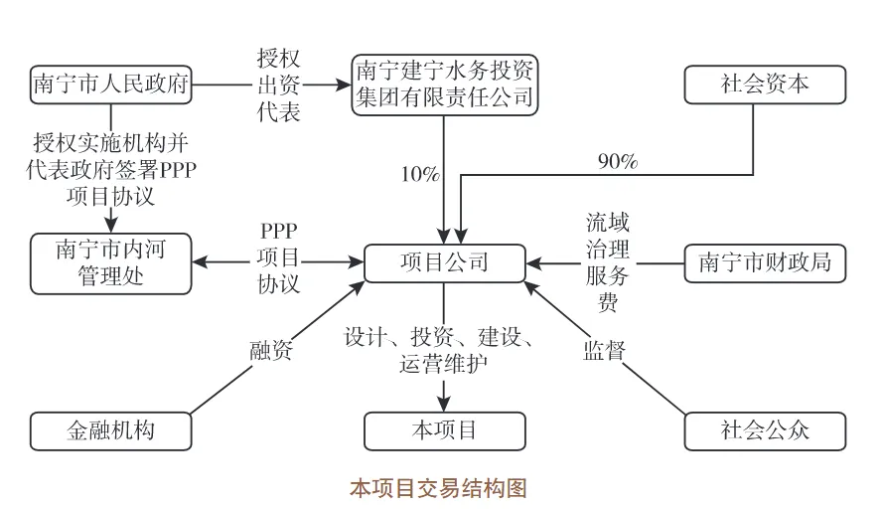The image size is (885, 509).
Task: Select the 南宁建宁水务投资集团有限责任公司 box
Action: (x=444, y=84)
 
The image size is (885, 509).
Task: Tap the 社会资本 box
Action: (x=765, y=85)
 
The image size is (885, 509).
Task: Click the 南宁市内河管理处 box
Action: (x=110, y=262)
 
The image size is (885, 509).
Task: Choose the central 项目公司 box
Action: (x=444, y=263)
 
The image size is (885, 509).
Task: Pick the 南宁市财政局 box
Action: (x=765, y=263)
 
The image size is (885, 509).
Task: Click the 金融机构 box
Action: (x=110, y=430)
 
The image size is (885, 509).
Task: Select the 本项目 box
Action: (x=444, y=430)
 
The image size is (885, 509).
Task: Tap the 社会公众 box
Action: (x=765, y=430)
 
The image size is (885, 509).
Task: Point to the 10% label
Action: (x=419, y=176)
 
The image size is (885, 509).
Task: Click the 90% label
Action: (x=617, y=161)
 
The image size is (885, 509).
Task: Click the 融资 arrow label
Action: (x=270, y=350)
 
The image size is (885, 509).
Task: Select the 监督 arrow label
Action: (x=603, y=350)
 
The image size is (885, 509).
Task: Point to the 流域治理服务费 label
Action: (x=607, y=262)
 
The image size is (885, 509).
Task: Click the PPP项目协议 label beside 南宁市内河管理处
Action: (x=278, y=257)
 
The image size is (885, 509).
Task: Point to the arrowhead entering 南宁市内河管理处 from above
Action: (x=110, y=226)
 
